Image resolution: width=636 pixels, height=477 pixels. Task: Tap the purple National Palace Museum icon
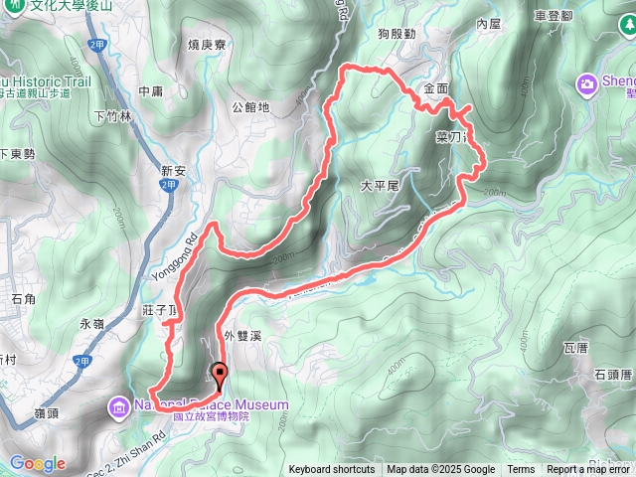click(119, 405)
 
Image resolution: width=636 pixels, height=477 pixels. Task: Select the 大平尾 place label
click(379, 186)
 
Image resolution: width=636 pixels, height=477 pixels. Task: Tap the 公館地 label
click(249, 106)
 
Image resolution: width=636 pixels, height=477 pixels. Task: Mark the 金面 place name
click(436, 88)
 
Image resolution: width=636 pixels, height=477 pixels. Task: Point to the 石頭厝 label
click(613, 375)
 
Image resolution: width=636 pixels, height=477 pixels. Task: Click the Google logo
click(38, 464)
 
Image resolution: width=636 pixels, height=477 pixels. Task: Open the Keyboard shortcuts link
click(332, 470)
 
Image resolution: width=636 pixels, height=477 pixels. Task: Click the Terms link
click(521, 470)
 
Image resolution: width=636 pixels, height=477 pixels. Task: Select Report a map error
click(589, 470)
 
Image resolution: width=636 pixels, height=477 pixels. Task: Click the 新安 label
click(174, 171)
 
